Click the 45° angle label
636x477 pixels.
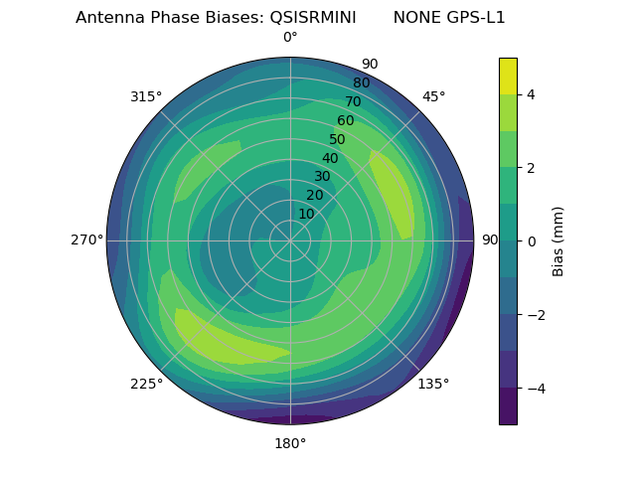click(433, 96)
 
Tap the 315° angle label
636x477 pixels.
click(146, 96)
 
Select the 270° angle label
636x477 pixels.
click(86, 239)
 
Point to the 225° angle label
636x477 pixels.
click(146, 384)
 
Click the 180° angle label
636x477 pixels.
click(290, 443)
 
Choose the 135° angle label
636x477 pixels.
click(433, 384)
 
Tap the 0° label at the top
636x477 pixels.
click(290, 38)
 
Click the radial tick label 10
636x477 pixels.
click(306, 214)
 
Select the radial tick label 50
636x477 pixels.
click(337, 139)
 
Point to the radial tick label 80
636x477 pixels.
click(361, 82)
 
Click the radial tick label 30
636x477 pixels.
click(322, 176)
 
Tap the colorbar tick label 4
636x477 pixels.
click(532, 94)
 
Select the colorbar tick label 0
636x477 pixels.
click(532, 240)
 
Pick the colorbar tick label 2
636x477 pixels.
click(532, 168)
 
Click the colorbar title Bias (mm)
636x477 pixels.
click(558, 240)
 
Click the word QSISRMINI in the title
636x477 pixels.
click(313, 18)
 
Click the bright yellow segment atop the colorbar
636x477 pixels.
click(508, 76)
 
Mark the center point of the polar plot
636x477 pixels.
click(290, 240)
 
